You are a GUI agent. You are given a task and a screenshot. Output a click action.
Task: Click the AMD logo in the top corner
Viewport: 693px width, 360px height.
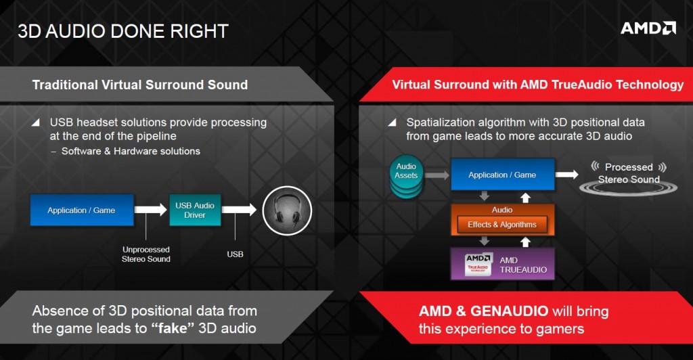648,28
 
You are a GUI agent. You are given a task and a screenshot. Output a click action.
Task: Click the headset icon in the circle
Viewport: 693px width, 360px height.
287,210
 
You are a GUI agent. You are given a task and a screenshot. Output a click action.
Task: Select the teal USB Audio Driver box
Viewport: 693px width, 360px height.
195,210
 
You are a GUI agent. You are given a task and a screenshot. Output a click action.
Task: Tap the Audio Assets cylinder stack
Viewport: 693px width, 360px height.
406,176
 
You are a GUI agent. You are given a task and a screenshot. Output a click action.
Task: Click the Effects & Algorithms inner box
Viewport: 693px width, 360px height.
502,225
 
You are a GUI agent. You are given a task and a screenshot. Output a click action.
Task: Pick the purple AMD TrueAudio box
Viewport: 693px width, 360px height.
503,264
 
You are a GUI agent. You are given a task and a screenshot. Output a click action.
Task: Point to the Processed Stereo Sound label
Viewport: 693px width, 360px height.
629,173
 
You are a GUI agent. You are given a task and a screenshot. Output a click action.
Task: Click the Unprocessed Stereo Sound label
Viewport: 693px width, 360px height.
146,254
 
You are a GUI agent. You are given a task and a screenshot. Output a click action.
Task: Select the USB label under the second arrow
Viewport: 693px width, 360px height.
235,254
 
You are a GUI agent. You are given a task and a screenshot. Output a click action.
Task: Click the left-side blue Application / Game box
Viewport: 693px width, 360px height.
82,210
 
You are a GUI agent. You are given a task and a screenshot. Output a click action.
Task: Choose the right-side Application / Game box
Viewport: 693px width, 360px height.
503,175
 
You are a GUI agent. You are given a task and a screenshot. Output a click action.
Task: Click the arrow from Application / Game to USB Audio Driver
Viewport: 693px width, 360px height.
151,209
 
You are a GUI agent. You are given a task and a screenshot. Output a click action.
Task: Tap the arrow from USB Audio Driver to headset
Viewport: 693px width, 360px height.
239,209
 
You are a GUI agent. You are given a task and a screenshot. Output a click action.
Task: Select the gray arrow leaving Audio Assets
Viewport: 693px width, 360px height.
437,175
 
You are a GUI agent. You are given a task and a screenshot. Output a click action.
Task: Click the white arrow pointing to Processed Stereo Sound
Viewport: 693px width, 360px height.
566,175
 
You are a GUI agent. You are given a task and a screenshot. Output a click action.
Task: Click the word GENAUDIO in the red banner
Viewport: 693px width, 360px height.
509,311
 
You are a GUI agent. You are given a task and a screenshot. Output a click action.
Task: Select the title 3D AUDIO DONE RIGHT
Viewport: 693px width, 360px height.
123,31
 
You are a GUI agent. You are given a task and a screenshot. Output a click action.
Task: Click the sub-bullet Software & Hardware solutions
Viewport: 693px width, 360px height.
131,151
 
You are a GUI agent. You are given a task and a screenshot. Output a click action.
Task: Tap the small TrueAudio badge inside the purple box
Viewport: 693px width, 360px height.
478,264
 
